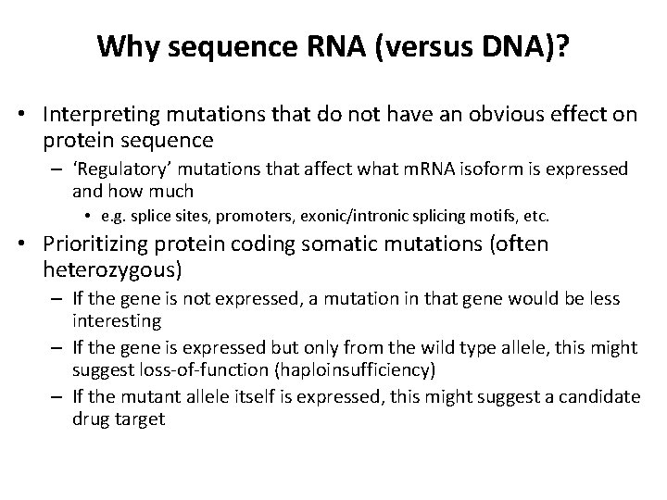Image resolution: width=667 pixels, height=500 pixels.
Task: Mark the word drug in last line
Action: coord(91,419)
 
